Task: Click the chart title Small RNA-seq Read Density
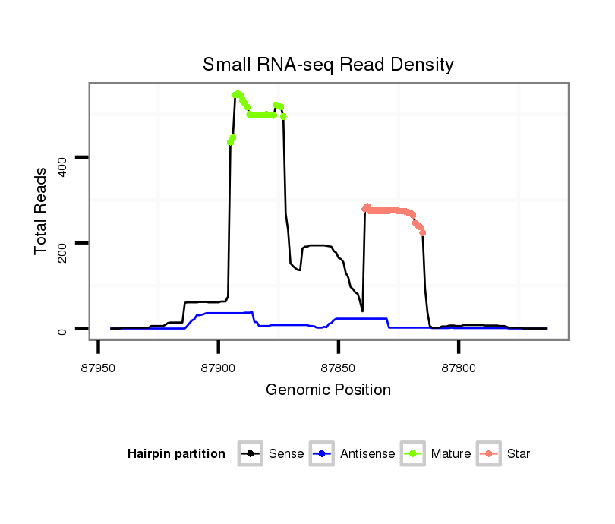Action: click(x=328, y=65)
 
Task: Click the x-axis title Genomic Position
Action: click(x=328, y=390)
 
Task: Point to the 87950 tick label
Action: click(x=99, y=368)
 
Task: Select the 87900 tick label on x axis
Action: click(x=219, y=368)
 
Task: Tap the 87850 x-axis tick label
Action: click(x=339, y=368)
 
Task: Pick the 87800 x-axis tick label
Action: click(x=459, y=368)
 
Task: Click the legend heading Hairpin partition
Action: click(x=176, y=454)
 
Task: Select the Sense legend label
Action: click(x=286, y=454)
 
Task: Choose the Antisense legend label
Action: click(x=367, y=454)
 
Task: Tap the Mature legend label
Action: click(x=451, y=454)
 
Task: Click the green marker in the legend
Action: click(x=415, y=454)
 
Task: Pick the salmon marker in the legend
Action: click(x=490, y=454)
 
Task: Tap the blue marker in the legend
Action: click(x=323, y=454)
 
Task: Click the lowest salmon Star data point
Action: click(x=423, y=232)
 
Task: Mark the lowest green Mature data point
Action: click(x=230, y=143)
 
